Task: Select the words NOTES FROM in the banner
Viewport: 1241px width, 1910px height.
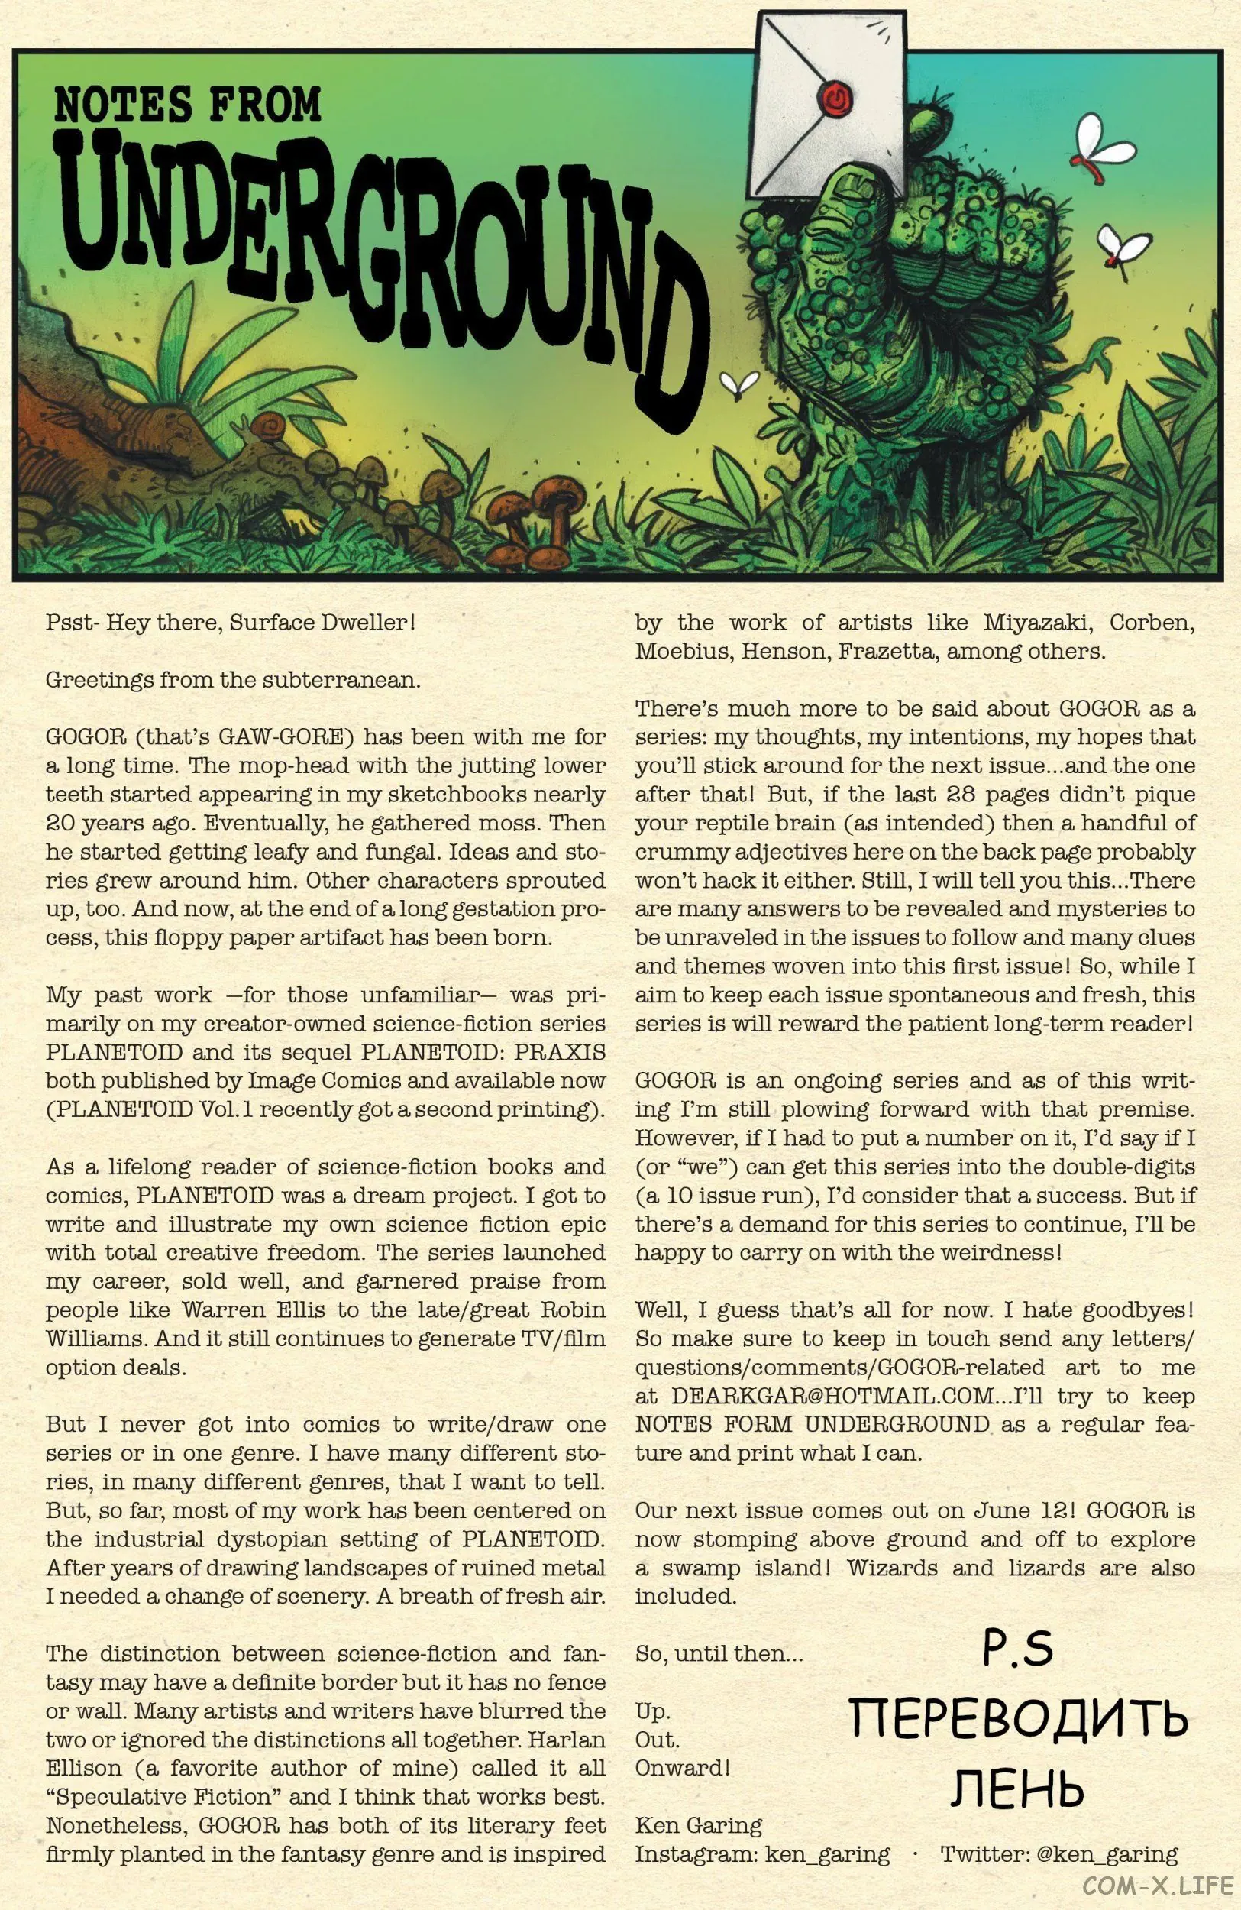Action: [x=188, y=106]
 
